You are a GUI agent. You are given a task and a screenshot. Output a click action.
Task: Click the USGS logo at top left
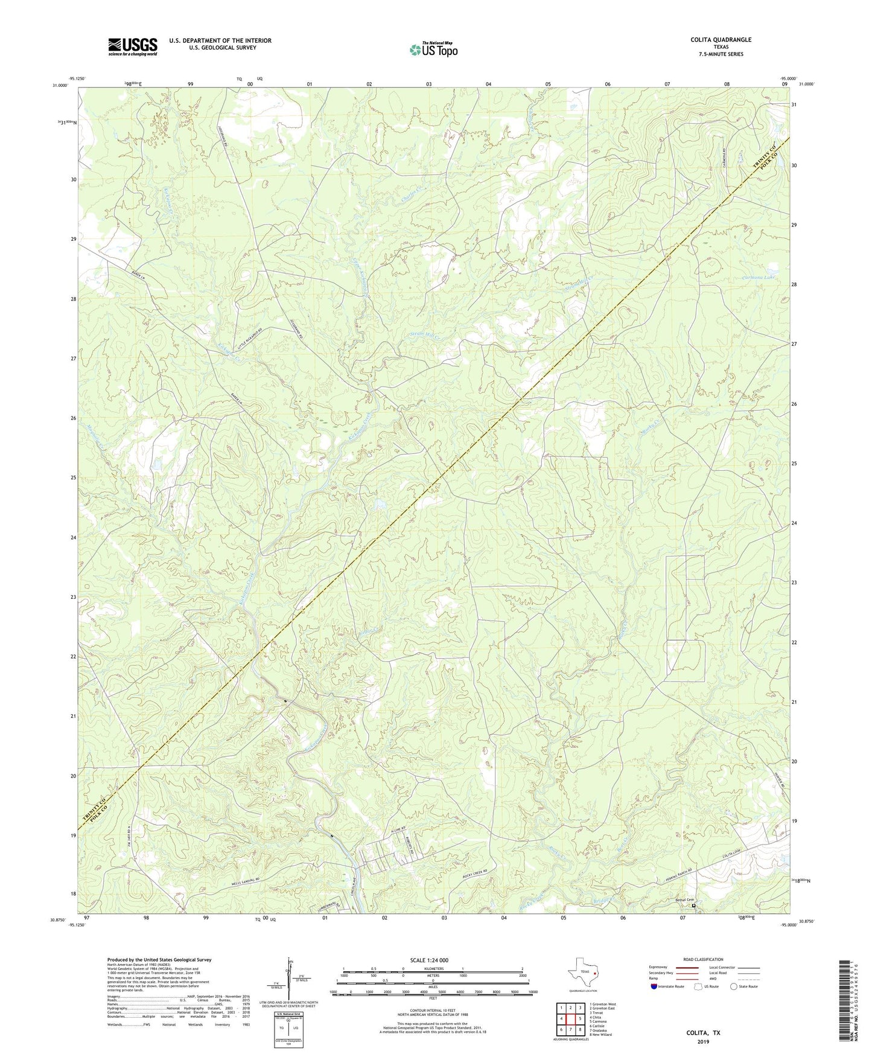point(132,46)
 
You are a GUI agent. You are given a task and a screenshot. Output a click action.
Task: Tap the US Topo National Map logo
point(433,50)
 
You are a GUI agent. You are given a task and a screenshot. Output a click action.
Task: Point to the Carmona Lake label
point(758,278)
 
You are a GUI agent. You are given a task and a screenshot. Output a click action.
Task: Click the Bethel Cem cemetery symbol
point(693,906)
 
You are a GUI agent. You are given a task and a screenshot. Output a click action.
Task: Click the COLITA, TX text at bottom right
point(703,1033)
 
